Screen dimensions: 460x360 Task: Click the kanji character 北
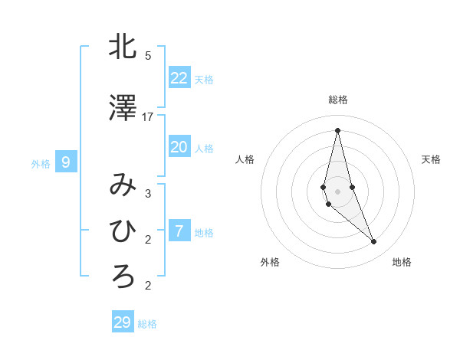pos(123,47)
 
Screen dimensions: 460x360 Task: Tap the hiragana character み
pos(123,185)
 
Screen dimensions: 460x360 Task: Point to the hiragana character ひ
pos(123,231)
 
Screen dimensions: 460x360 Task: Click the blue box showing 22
pos(179,77)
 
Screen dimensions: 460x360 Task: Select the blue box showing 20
pos(179,147)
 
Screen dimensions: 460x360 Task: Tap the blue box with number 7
pos(179,231)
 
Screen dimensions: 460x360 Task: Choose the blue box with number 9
pos(66,162)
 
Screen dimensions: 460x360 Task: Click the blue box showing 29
pos(123,322)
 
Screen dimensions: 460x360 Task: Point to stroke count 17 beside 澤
pos(148,116)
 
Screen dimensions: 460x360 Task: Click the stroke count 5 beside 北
pos(148,55)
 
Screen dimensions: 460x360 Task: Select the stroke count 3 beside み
pos(148,193)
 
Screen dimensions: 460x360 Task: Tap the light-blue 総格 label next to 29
pos(147,324)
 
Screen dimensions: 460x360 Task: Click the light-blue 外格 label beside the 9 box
pos(41,163)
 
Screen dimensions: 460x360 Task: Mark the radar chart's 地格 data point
pos(374,242)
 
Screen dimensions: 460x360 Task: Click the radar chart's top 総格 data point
pos(337,129)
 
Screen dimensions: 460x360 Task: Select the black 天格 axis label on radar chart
pos(432,159)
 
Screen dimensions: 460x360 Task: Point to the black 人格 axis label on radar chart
pos(245,159)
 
